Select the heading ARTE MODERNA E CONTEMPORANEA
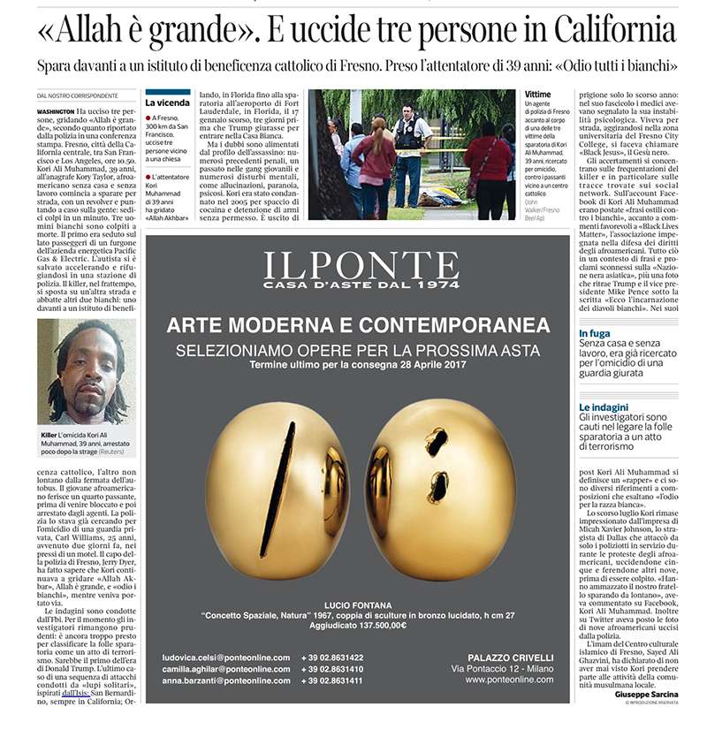358,325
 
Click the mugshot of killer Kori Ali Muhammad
86,372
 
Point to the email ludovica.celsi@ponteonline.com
226,658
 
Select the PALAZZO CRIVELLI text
509,657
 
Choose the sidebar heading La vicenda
168,103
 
